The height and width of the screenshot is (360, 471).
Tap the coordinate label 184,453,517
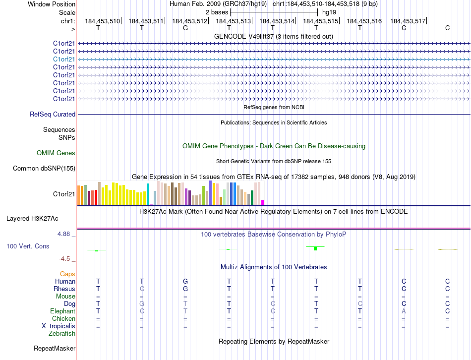[x=408, y=21]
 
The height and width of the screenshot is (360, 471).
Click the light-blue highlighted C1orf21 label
[x=64, y=59]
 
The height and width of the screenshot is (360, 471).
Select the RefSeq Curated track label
[x=53, y=115]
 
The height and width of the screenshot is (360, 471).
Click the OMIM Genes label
[x=56, y=153]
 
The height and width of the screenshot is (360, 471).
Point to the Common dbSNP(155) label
[x=44, y=169]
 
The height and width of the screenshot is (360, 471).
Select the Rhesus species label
[x=64, y=289]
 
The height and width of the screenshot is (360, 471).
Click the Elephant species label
[x=62, y=311]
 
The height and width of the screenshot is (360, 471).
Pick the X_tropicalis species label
[x=59, y=326]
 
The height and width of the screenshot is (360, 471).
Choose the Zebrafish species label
[x=62, y=334]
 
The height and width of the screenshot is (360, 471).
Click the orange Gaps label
[x=67, y=274]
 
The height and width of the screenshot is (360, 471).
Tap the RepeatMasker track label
[x=54, y=349]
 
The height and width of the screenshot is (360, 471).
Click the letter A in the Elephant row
[x=404, y=311]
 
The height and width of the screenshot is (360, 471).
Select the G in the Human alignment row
[x=185, y=282]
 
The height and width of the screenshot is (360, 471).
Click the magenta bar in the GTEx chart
[x=263, y=202]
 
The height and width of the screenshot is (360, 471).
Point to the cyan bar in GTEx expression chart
[x=148, y=194]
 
